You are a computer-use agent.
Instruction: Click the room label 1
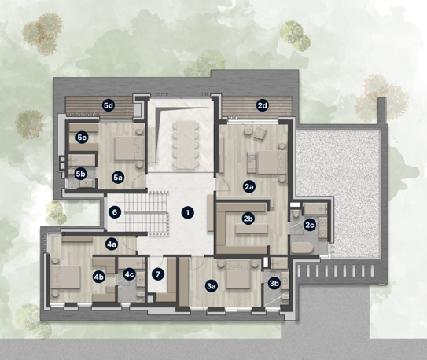[x=188, y=213]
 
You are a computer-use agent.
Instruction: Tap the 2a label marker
[x=249, y=187]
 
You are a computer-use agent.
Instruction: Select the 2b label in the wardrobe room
[x=248, y=219]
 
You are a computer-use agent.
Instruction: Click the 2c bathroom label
[x=310, y=225]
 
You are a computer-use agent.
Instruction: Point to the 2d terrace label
[x=263, y=105]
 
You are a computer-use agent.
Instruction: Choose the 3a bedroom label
[x=212, y=286]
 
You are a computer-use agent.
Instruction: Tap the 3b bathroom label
[x=274, y=284]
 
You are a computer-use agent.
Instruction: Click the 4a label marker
[x=112, y=244]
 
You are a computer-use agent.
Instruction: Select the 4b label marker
[x=98, y=277]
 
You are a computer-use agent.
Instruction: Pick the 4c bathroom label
[x=129, y=274]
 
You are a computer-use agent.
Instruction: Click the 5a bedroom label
[x=118, y=178]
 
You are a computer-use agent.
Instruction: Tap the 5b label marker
[x=81, y=174]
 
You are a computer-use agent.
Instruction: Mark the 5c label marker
[x=82, y=138]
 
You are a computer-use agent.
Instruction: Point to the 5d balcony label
[x=109, y=105]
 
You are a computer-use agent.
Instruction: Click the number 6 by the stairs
[x=115, y=212]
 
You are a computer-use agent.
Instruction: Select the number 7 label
[x=158, y=274]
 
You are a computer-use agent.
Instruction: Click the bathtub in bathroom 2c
[x=302, y=248]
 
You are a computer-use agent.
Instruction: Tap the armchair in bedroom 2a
[x=260, y=134]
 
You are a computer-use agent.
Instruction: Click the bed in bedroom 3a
[x=238, y=274]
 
